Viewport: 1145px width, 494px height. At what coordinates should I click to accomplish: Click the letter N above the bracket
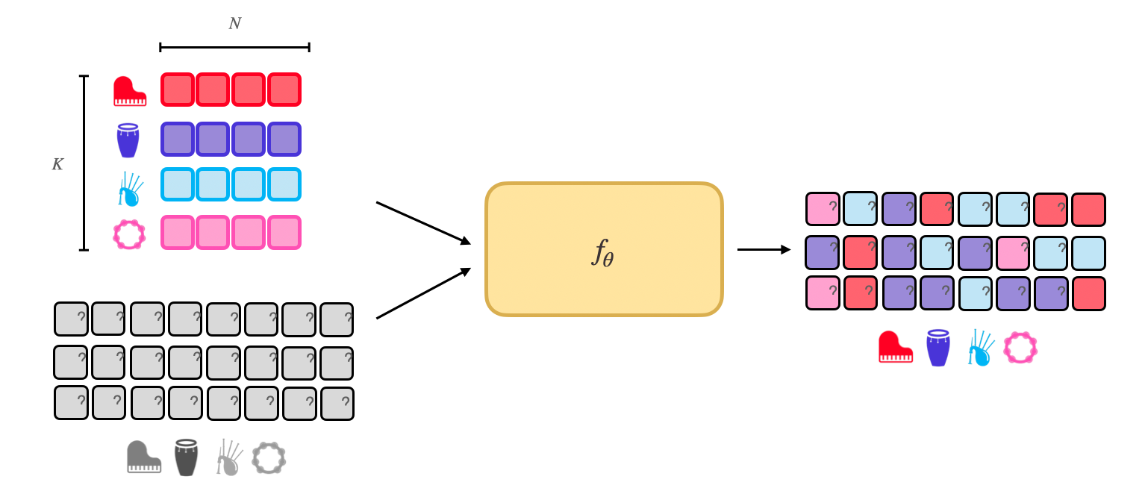234,24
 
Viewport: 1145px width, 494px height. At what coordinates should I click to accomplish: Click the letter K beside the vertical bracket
57,164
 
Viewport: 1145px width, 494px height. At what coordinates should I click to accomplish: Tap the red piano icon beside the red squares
130,92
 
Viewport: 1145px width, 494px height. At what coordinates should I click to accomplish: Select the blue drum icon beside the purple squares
128,140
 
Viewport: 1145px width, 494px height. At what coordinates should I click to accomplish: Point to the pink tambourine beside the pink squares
129,234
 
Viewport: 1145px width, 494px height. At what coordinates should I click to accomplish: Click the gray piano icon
143,457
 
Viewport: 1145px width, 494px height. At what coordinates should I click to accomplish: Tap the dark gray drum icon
186,457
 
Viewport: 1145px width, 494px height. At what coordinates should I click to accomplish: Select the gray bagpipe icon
228,457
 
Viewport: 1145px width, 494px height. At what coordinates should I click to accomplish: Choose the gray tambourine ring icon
269,457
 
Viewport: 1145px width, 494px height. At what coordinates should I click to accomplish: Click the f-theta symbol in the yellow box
603,252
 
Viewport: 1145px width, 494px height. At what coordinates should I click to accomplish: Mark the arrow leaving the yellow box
764,249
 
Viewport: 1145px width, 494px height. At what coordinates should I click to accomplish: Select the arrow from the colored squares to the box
423,222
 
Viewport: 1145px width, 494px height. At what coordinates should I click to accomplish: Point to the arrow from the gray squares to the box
423,293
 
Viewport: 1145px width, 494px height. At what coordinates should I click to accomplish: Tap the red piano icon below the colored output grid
896,347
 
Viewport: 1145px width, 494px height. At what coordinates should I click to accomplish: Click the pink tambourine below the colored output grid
1020,347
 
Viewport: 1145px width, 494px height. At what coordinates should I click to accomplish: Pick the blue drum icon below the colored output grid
938,348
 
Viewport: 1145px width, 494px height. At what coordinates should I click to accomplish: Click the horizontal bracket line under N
234,48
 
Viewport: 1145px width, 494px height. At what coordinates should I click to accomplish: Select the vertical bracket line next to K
84,163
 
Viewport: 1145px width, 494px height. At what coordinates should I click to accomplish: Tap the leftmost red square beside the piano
178,90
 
